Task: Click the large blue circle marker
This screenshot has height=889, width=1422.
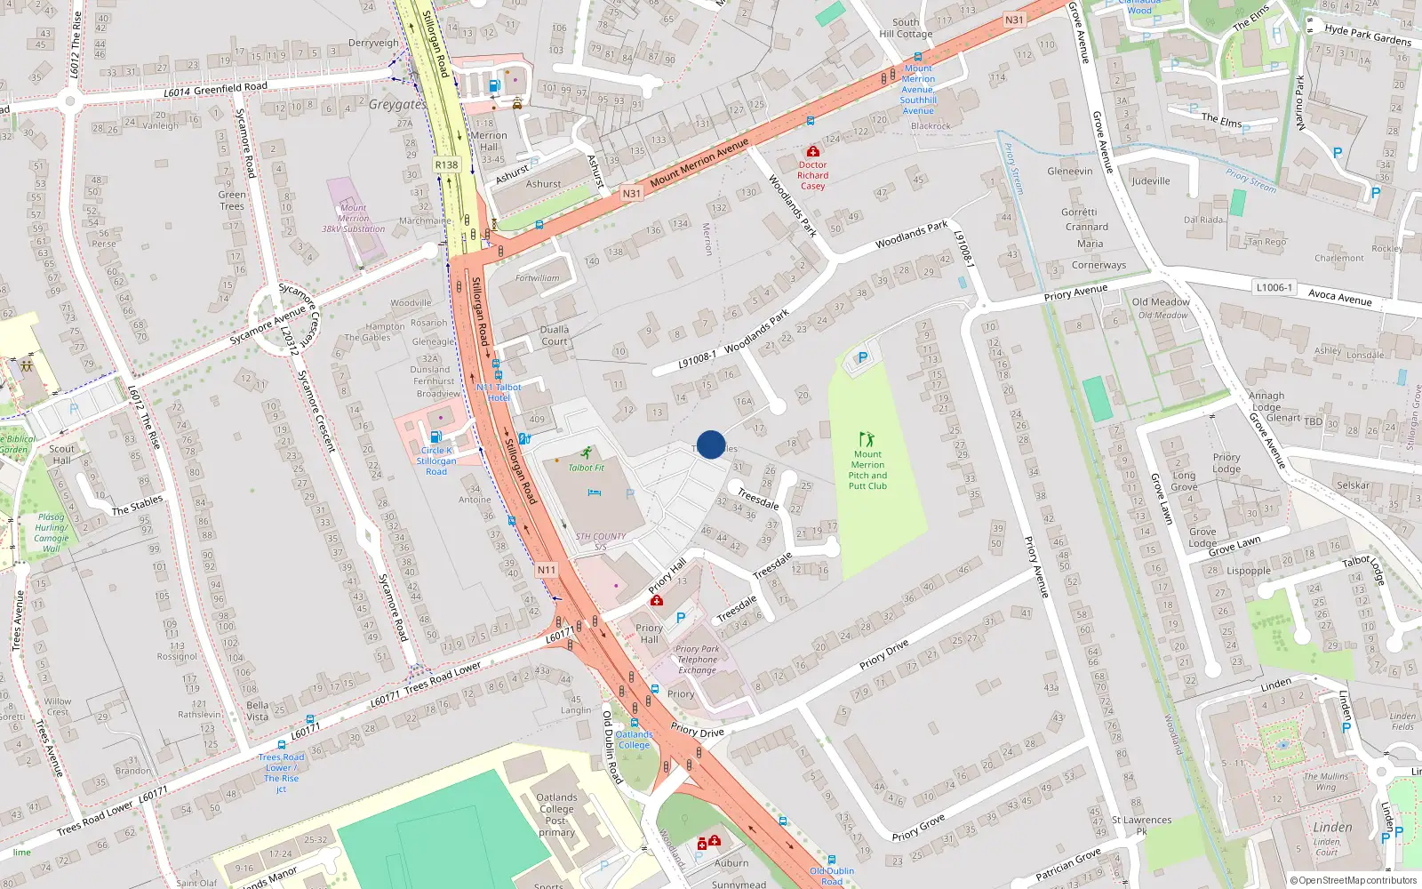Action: click(711, 444)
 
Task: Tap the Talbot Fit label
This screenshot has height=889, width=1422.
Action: click(586, 468)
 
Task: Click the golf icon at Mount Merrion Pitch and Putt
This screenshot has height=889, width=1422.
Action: click(867, 439)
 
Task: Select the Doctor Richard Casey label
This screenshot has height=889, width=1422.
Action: click(812, 175)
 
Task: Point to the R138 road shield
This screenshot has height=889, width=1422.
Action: click(446, 165)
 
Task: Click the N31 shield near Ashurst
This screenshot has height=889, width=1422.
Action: click(631, 193)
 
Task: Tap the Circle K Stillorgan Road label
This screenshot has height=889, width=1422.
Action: click(435, 461)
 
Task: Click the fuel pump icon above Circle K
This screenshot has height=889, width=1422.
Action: click(435, 436)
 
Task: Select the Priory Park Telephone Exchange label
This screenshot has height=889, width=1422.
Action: click(698, 660)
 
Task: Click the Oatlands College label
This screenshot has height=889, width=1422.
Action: click(634, 740)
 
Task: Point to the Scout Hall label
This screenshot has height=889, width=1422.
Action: click(62, 454)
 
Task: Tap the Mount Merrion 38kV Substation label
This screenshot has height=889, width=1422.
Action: click(353, 218)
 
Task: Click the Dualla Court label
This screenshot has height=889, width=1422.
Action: click(555, 335)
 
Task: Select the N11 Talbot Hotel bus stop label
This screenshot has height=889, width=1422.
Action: click(499, 392)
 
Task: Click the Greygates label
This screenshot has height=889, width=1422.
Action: click(397, 104)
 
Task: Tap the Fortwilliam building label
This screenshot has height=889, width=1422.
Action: click(538, 277)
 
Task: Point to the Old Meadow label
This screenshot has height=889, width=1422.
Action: click(1161, 301)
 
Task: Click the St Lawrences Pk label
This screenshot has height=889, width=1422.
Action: click(1141, 826)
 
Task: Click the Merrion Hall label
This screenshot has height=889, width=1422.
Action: click(489, 141)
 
